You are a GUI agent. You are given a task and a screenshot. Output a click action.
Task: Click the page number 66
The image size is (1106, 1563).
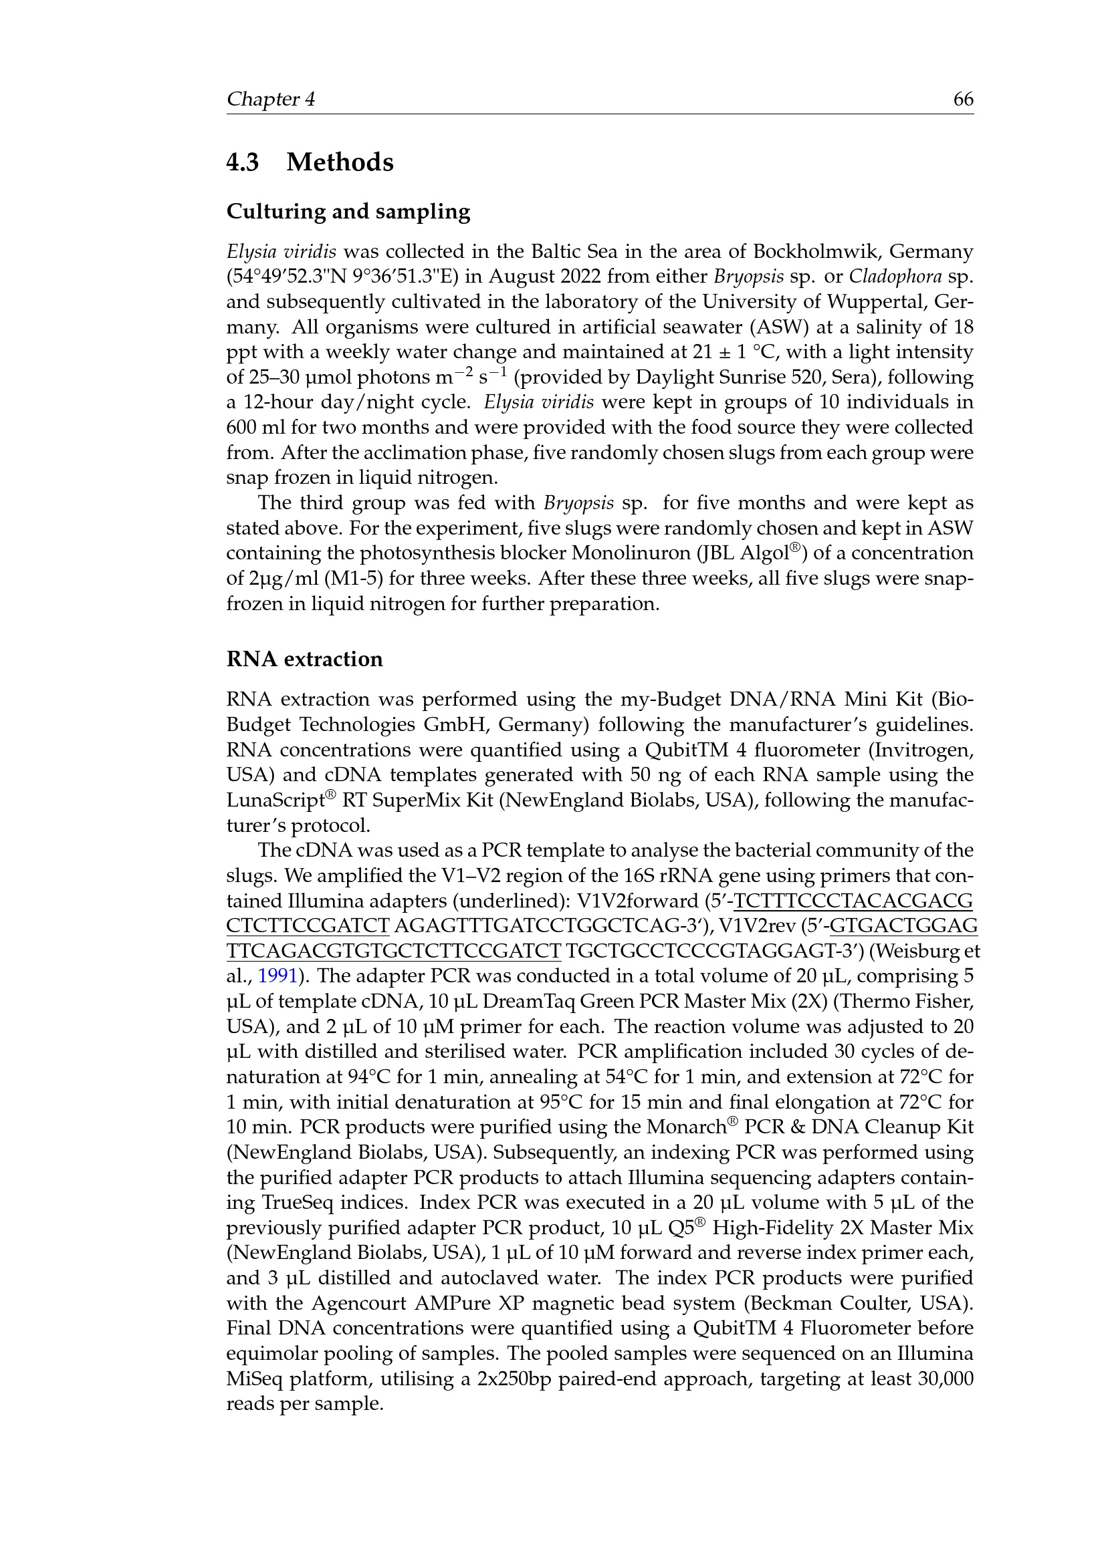[963, 100]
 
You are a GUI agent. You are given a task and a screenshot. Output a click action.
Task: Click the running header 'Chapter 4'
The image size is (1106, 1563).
[270, 100]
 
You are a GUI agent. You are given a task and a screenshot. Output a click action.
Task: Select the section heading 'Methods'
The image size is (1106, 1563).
[340, 162]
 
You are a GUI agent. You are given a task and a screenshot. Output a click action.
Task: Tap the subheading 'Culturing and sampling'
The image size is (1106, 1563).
[348, 212]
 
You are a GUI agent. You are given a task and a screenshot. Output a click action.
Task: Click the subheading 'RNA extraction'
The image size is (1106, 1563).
[304, 659]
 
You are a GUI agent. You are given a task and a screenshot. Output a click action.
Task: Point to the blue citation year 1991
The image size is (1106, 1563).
[278, 976]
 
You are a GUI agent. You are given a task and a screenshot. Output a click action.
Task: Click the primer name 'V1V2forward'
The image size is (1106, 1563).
[637, 901]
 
